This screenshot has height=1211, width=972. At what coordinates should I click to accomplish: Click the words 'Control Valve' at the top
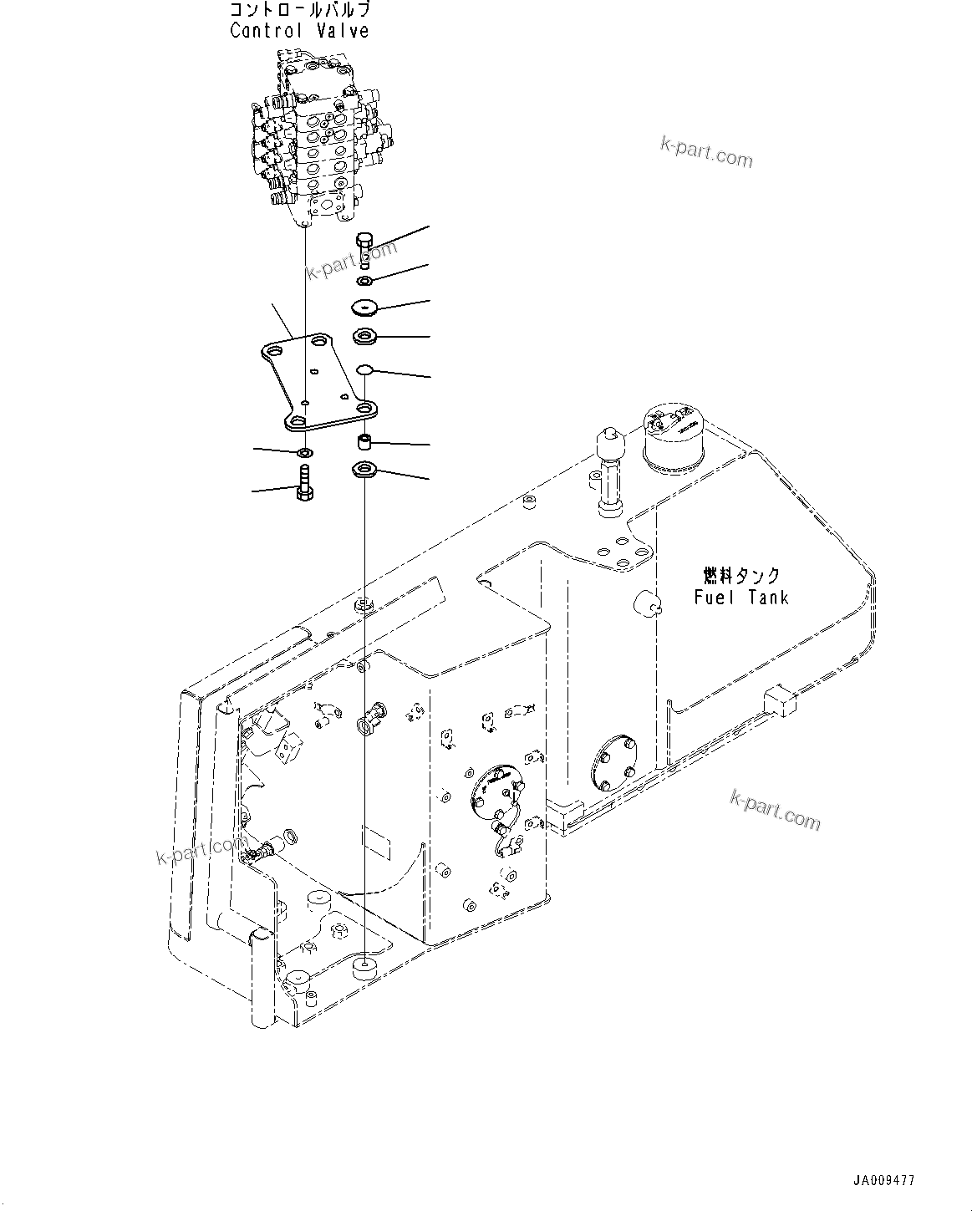tap(299, 32)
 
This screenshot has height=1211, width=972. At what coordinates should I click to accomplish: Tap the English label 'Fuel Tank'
tap(740, 597)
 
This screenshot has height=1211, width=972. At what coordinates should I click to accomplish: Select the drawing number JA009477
tap(883, 1181)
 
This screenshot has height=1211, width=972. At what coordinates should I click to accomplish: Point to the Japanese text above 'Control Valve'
tap(299, 11)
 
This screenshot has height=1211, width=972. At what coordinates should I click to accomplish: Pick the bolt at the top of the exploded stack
tap(364, 248)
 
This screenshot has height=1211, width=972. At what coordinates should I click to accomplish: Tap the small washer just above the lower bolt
tap(305, 453)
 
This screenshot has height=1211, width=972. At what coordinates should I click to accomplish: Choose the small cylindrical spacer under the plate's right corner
tap(364, 440)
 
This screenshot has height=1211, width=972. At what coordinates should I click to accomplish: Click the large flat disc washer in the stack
tap(364, 308)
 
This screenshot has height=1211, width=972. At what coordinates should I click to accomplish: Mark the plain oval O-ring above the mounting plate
tap(364, 369)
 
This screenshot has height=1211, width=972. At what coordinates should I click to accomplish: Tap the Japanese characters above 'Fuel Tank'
tap(740, 576)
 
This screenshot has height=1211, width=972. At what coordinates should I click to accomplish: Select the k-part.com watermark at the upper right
tap(706, 151)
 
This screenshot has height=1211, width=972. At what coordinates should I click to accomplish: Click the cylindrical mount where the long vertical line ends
tap(365, 969)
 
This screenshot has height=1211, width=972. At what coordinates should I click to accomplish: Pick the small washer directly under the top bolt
tap(364, 279)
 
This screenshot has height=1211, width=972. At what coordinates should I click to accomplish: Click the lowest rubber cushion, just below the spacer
tap(364, 471)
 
